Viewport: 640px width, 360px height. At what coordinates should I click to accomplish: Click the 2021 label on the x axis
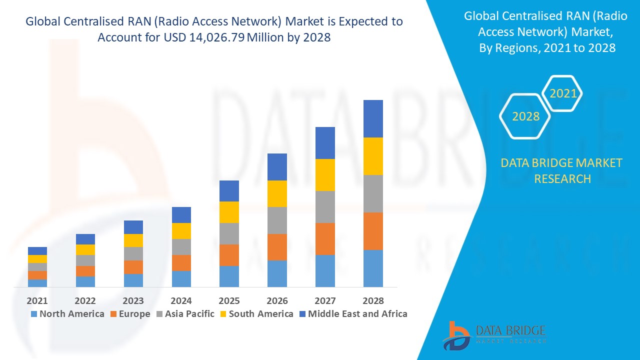click(37, 300)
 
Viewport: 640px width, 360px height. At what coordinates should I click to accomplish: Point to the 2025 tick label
click(229, 300)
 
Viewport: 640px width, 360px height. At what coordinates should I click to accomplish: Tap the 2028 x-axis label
click(373, 300)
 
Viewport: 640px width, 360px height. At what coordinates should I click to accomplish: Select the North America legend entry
click(67, 314)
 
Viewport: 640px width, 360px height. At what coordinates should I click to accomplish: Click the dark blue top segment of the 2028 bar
click(373, 118)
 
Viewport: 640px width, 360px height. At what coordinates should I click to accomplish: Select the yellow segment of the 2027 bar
click(325, 175)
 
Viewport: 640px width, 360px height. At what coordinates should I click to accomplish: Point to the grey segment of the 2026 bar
click(277, 220)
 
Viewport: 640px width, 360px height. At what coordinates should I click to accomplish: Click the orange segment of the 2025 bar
click(229, 255)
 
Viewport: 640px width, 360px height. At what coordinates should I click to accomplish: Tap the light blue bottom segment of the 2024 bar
click(181, 279)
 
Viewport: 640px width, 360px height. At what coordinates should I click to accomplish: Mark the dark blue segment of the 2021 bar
click(37, 251)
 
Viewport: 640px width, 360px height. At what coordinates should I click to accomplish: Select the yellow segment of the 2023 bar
click(133, 240)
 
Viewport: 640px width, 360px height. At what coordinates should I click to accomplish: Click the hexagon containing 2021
click(562, 93)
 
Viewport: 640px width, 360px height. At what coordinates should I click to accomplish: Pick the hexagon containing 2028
click(525, 116)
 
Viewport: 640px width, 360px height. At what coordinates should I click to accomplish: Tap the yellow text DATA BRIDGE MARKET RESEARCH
click(562, 170)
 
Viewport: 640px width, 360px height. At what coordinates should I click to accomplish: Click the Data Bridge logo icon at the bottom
click(456, 335)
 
